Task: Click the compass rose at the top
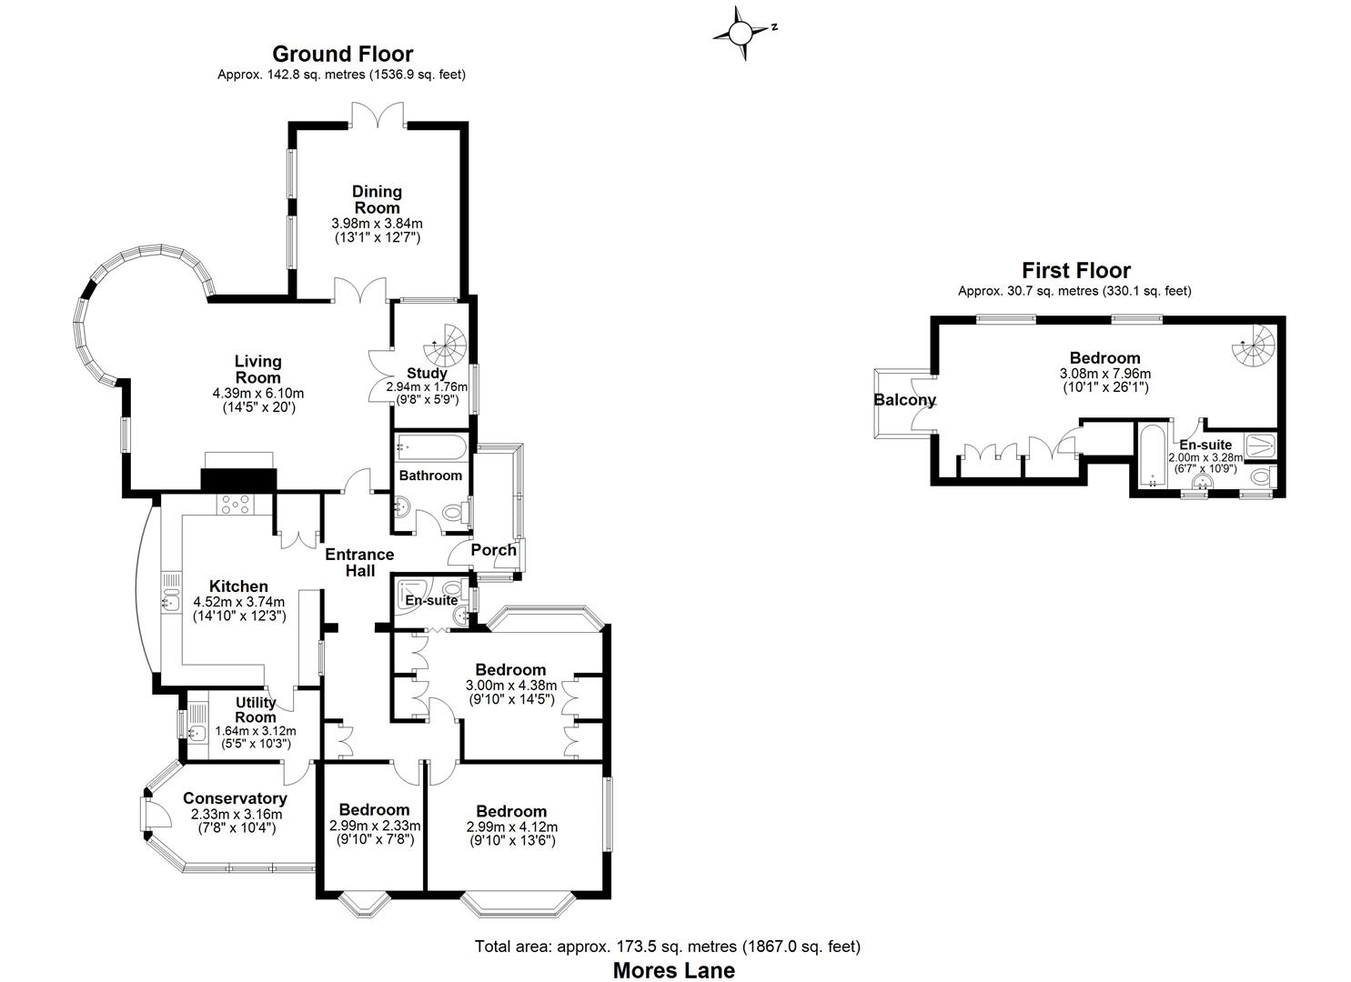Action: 741,34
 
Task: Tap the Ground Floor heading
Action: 342,55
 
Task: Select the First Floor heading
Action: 1075,270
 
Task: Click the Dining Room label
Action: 378,199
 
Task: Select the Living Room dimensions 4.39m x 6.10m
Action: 257,394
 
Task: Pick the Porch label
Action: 493,549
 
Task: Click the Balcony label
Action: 904,400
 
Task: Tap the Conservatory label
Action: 235,798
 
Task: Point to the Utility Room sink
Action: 196,732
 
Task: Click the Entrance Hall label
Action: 360,562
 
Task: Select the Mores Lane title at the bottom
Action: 673,969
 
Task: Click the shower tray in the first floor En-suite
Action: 1260,445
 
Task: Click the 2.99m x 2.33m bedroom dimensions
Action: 375,826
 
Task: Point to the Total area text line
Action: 667,947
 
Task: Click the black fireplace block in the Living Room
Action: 238,479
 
